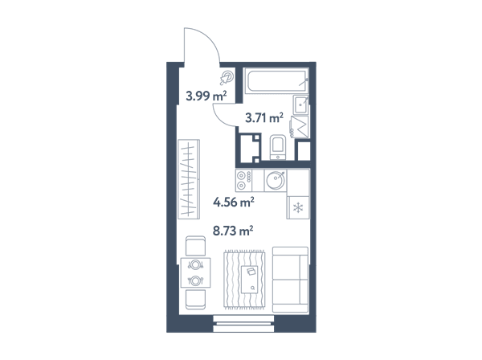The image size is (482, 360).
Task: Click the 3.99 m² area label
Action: tap(206, 96)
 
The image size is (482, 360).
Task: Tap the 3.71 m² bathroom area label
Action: tap(264, 118)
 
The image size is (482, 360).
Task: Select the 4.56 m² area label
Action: tap(234, 202)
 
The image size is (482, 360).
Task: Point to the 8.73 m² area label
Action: tap(233, 231)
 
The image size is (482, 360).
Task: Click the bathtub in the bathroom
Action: tap(276, 81)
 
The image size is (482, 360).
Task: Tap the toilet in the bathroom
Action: tap(278, 147)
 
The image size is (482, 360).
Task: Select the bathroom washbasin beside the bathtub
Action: tap(300, 104)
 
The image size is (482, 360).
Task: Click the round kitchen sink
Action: tap(275, 180)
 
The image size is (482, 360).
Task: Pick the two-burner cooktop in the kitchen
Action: tap(243, 181)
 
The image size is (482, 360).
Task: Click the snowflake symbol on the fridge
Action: tap(297, 208)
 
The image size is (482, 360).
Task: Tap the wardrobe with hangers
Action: tap(189, 179)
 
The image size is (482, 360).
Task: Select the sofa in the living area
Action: tap(290, 280)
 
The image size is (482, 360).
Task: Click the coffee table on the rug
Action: tap(250, 280)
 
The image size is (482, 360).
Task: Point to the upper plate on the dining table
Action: tap(195, 264)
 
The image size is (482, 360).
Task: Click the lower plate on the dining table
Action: tap(195, 280)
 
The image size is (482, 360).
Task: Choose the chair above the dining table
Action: tap(195, 246)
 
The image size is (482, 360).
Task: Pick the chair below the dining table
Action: tap(195, 300)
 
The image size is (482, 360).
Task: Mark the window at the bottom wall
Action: tap(243, 323)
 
